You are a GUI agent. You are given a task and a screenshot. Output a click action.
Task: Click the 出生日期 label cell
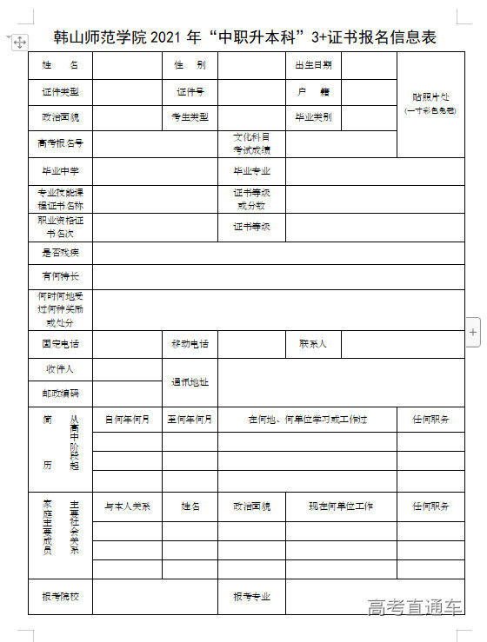(x=312, y=65)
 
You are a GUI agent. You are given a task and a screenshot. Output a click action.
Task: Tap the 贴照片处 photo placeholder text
(x=430, y=97)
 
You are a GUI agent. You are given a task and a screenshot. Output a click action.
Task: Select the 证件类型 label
(x=60, y=91)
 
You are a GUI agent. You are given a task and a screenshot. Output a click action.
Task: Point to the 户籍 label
(x=312, y=91)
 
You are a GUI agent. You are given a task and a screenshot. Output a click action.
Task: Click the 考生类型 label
(x=190, y=116)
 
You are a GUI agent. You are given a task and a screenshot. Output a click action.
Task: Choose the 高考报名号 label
(x=60, y=143)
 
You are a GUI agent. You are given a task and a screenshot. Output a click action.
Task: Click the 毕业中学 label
(x=60, y=171)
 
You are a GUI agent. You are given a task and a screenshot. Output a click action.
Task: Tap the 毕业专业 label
(x=251, y=171)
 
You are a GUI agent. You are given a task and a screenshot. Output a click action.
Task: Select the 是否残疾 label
(x=60, y=253)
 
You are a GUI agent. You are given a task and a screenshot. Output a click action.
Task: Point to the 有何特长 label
(x=60, y=276)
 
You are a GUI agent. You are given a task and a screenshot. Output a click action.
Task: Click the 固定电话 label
(x=60, y=344)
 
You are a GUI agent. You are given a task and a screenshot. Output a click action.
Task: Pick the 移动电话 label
(x=190, y=344)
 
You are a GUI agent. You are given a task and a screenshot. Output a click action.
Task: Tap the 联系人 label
(x=312, y=344)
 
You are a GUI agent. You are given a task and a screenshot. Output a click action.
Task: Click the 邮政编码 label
(x=60, y=393)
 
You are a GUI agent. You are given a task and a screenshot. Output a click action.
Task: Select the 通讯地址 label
(x=190, y=381)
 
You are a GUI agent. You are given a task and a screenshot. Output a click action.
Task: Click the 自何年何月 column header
(x=127, y=419)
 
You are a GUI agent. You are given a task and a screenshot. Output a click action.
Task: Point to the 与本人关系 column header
(x=127, y=506)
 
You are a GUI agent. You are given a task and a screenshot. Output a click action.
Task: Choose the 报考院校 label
(x=60, y=597)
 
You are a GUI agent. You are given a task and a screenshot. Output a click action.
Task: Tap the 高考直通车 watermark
(x=415, y=606)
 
